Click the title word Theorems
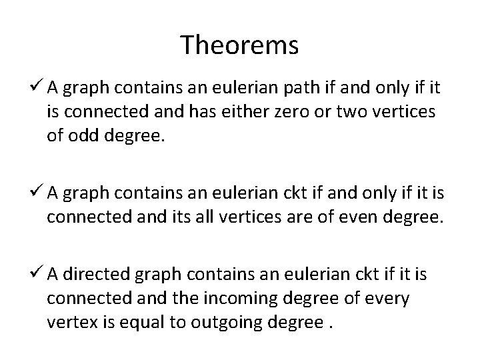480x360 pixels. pyautogui.click(x=239, y=46)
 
